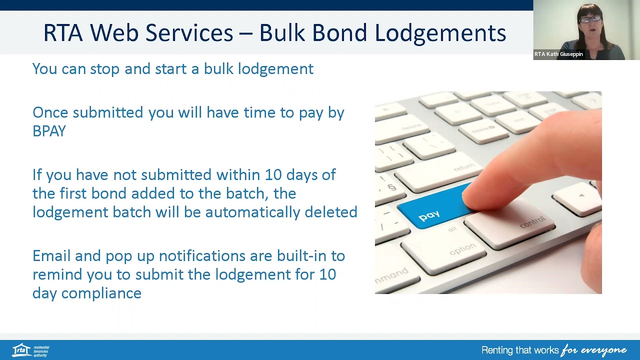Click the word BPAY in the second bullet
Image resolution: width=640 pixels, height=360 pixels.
coord(49,131)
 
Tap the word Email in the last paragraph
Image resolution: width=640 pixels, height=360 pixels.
coord(51,256)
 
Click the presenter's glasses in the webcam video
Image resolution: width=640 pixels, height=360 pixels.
coord(590,19)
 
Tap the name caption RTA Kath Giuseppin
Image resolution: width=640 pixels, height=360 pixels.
coord(558,54)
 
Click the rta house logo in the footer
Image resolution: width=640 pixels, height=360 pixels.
coord(21,349)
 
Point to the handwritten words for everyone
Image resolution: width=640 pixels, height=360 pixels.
coord(593,350)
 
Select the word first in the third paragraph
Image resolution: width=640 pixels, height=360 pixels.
coord(73,193)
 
